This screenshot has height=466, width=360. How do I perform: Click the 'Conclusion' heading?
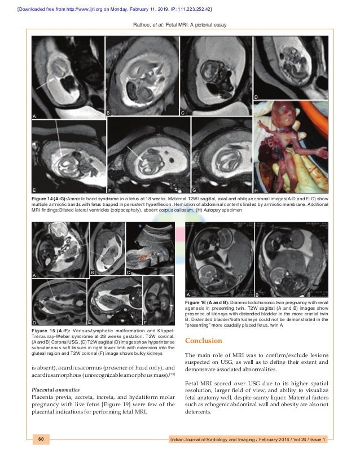coord(204,341)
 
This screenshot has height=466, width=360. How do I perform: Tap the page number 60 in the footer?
coord(41,438)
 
